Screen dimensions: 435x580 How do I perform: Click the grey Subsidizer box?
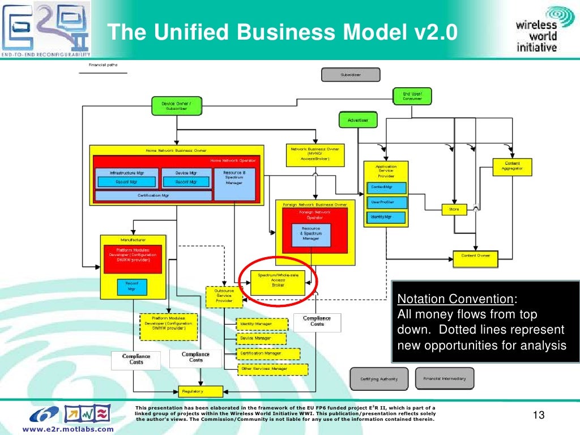pos(351,75)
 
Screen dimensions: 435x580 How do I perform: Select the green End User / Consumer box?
pos(412,96)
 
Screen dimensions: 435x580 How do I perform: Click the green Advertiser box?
pos(357,120)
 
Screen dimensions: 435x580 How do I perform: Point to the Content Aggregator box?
pos(511,165)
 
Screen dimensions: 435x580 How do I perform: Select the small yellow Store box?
pos(454,209)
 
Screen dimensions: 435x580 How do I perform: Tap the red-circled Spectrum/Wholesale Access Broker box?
pos(278,280)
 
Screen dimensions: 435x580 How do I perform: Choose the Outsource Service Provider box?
pos(224,296)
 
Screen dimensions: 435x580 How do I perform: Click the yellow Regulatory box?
pos(192,391)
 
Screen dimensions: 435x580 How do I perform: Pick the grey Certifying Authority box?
pos(379,379)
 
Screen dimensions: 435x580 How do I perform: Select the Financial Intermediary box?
pos(445,378)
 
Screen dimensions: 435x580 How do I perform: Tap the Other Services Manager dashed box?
pos(272,369)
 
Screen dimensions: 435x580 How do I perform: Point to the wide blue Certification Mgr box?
pos(153,195)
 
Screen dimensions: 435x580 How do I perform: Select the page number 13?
pos(539,416)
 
